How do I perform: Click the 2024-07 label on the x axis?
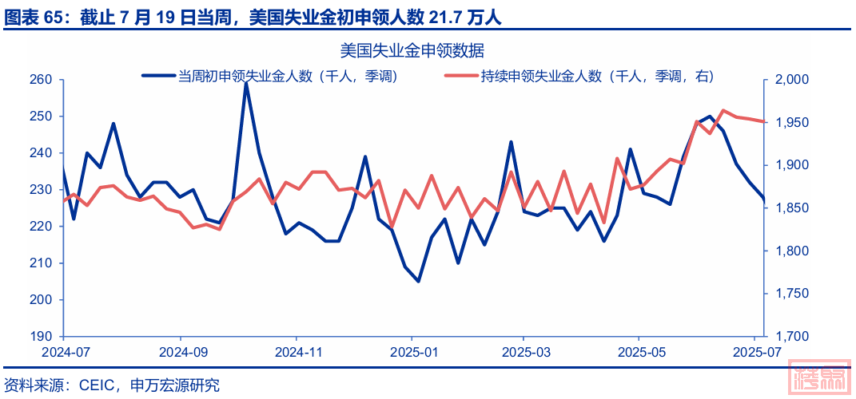tap(66, 351)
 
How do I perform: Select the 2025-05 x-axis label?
tap(639, 351)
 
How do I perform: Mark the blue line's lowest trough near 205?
tap(418, 281)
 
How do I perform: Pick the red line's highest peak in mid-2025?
tap(723, 111)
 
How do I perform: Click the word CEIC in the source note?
tap(98, 385)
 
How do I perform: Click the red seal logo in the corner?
tap(818, 377)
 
